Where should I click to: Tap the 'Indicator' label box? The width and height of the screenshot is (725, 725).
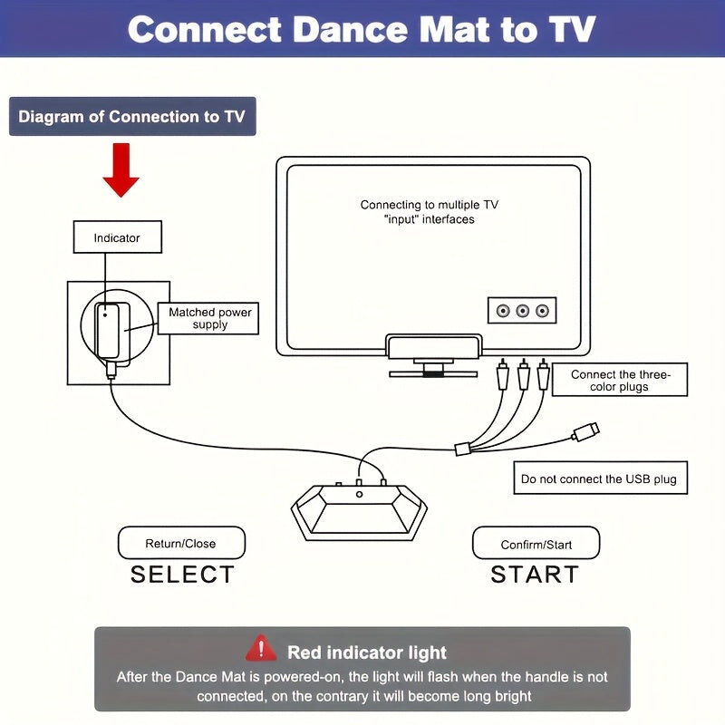(x=117, y=237)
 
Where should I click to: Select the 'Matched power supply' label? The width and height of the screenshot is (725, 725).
(x=210, y=318)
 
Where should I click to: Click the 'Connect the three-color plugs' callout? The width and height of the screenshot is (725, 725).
(x=620, y=381)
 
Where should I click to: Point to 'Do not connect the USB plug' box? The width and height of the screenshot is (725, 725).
(x=598, y=479)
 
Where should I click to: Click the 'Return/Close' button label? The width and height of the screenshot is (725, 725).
(x=181, y=544)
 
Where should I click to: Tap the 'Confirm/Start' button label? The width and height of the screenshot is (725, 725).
(x=536, y=545)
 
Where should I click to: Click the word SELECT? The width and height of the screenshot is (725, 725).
(x=182, y=575)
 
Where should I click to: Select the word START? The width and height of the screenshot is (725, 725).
(x=535, y=575)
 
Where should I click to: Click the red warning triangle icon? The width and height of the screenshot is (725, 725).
(x=262, y=649)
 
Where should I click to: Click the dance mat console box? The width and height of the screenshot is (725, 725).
(x=359, y=509)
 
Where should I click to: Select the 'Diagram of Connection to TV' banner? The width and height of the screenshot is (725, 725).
(x=132, y=117)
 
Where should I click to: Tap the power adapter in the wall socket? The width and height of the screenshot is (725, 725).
(x=113, y=330)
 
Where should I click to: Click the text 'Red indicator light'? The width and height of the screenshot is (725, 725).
(x=367, y=652)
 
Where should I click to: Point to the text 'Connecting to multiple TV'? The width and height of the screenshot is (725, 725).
(x=429, y=205)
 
